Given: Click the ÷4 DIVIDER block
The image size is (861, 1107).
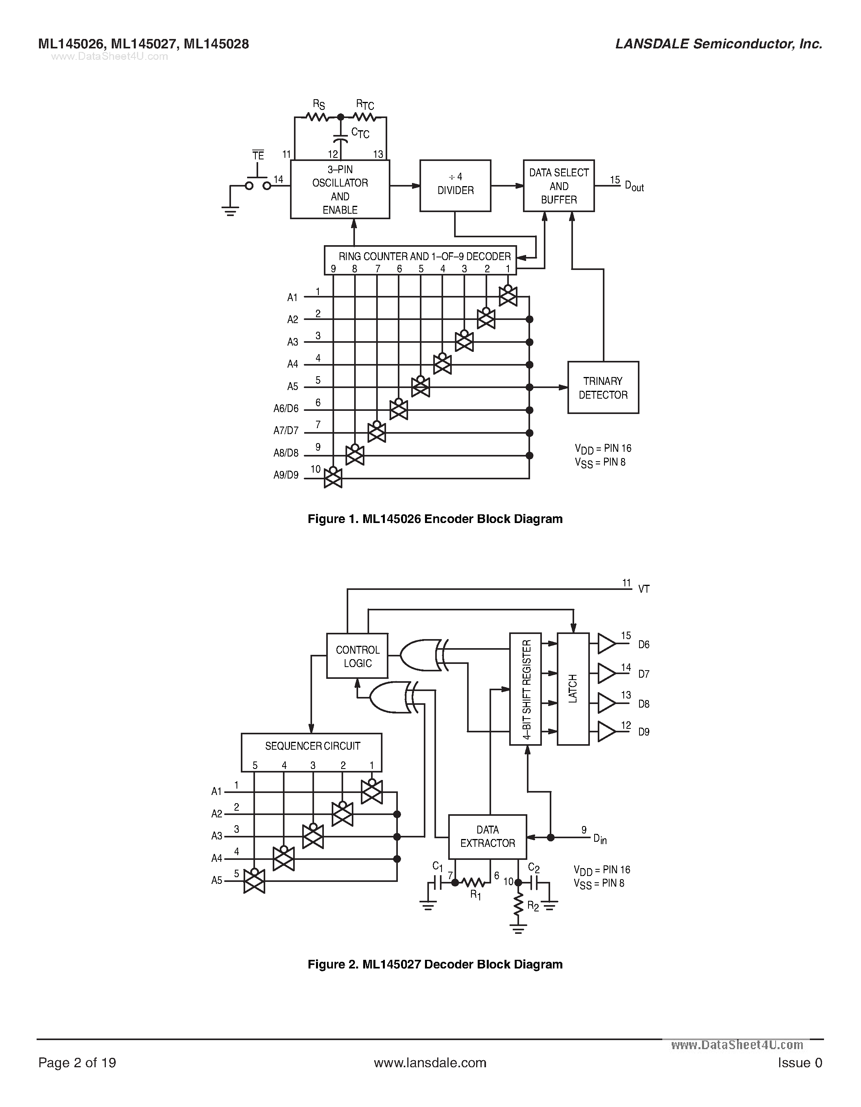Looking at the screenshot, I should click(455, 185).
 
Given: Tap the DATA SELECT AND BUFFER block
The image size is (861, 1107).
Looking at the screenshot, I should click(558, 185).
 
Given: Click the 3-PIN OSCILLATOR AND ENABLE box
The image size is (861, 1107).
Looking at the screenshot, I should click(340, 190).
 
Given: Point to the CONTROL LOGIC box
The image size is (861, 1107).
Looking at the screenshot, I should click(357, 656).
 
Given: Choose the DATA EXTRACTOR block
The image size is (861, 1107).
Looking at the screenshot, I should click(488, 836).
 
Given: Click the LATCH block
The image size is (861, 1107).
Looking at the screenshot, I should click(573, 689).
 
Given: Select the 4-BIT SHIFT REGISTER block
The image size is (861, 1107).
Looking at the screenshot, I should click(525, 689).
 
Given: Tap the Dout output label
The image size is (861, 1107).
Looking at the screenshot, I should click(634, 186).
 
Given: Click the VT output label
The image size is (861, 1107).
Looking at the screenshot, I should click(644, 589).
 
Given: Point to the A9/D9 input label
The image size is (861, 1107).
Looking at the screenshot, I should click(286, 475).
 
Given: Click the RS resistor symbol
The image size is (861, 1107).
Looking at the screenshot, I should click(318, 118).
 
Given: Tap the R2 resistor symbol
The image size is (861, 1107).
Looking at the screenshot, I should click(518, 905).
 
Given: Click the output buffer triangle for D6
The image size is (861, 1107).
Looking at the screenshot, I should click(606, 644).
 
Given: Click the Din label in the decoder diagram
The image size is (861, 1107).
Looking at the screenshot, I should click(600, 839).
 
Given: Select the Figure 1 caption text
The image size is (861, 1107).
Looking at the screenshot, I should click(435, 519).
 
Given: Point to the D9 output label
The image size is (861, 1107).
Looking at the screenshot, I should click(644, 732).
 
